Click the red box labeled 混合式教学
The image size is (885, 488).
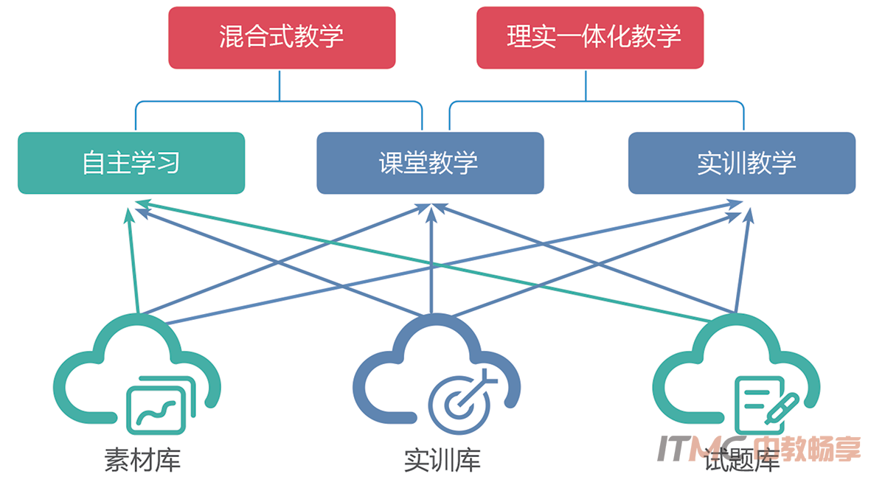281,38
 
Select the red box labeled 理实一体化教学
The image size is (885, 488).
590,38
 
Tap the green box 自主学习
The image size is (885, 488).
131,163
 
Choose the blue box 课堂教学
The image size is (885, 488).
430,163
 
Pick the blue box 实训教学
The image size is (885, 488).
742,163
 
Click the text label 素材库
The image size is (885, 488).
142,461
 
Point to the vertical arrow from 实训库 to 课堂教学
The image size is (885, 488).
431,258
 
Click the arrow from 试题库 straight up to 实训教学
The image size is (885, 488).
743,258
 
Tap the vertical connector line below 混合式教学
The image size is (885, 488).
280,85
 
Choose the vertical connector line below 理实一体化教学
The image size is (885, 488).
586,85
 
